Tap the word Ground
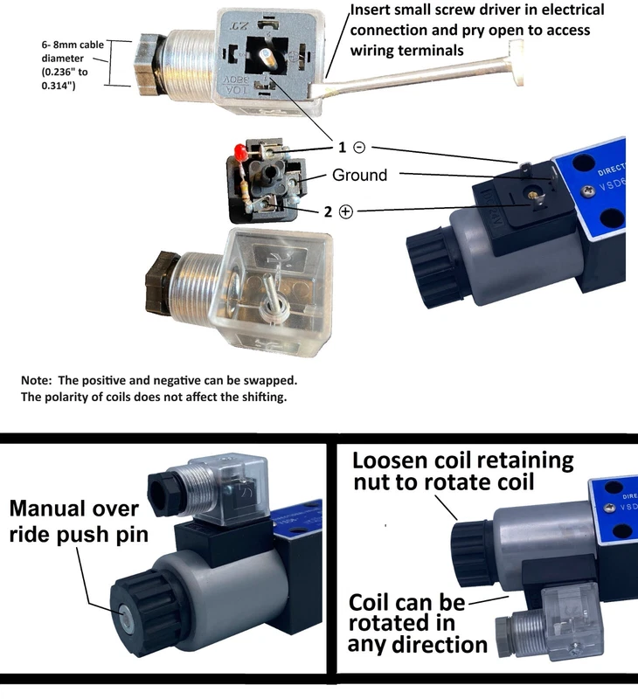[359, 175]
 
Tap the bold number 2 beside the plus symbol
[328, 211]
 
